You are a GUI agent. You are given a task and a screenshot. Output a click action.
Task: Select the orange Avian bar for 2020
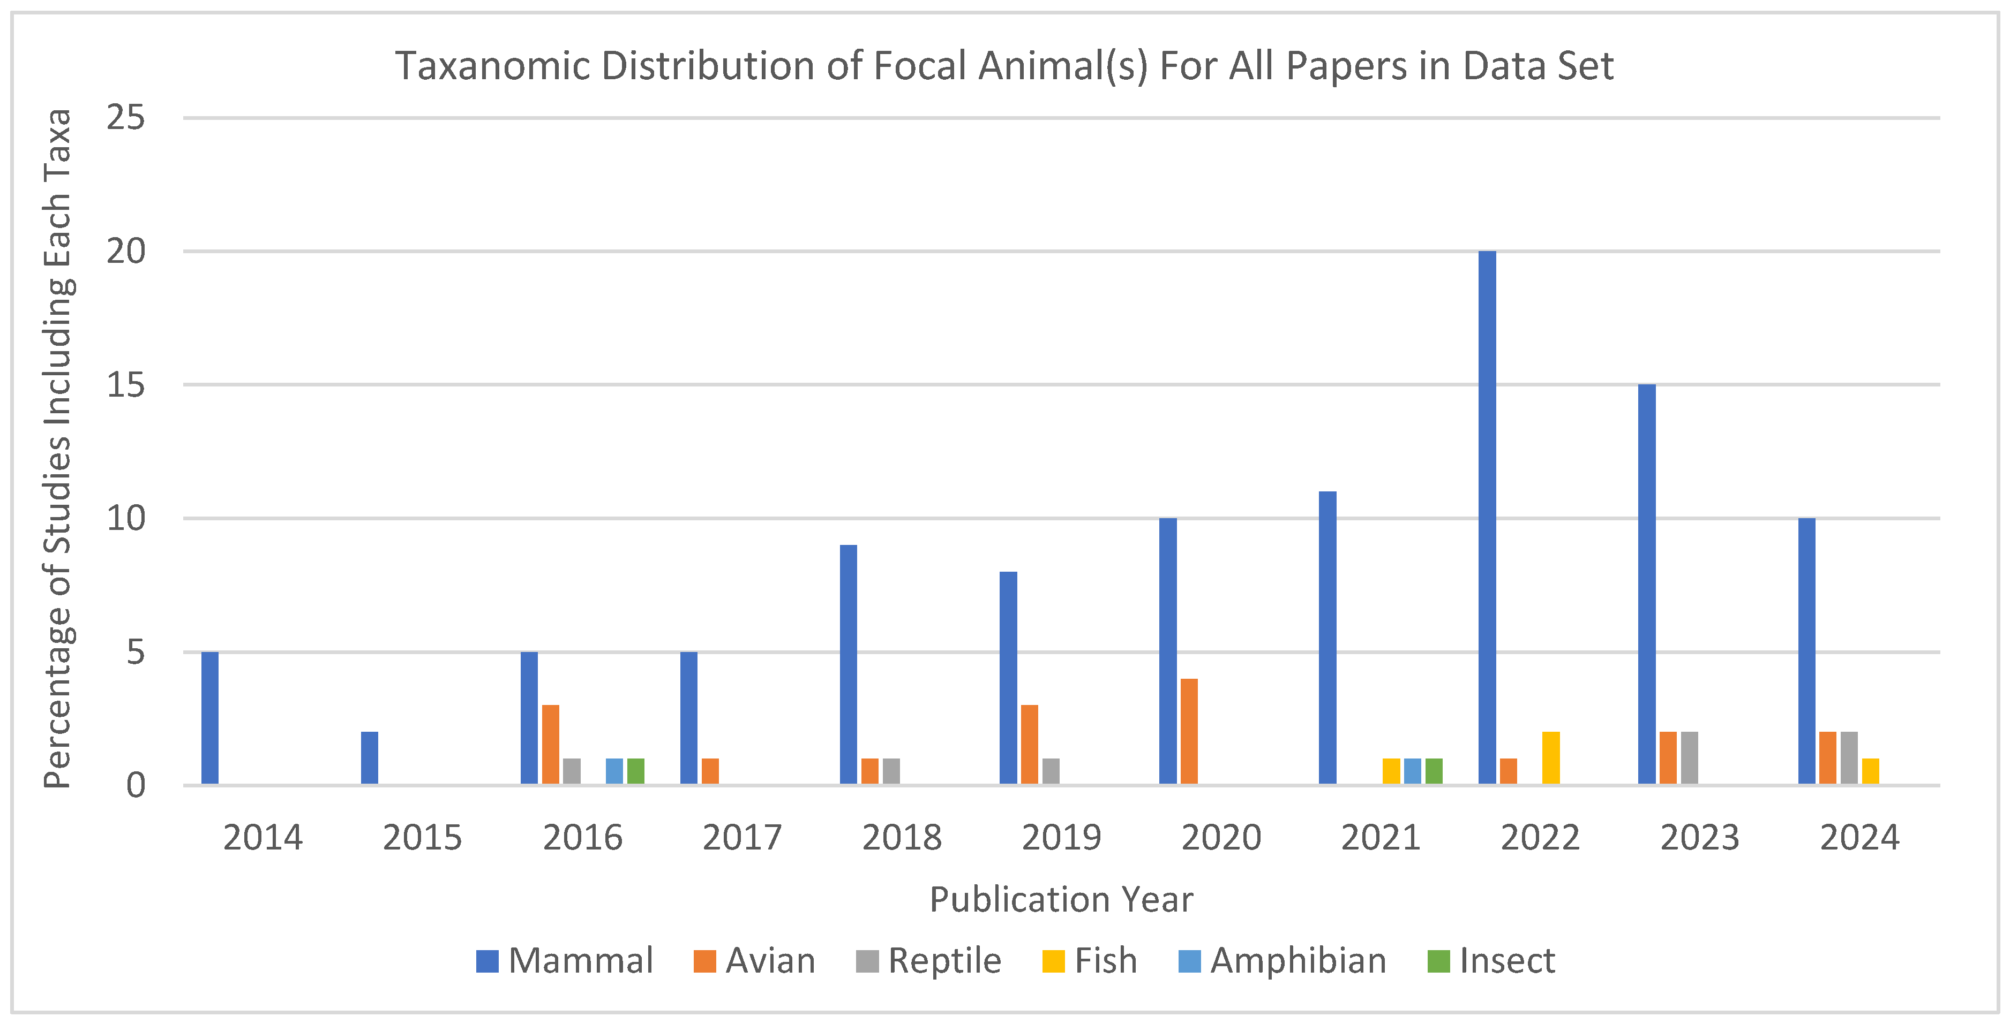coord(1189,732)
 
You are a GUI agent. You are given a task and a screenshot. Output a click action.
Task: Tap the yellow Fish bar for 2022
coord(1551,758)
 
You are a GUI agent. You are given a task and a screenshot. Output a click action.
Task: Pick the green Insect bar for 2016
coord(636,771)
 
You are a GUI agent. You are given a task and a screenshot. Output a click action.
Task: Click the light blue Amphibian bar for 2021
coord(1412,771)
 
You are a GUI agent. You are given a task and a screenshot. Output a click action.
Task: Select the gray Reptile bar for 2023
coord(1689,758)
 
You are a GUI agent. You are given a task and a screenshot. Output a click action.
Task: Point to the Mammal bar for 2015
coord(370,758)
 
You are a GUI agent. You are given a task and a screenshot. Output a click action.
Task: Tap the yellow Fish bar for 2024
coord(1870,771)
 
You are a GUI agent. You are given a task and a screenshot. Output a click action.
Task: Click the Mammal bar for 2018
coord(848,664)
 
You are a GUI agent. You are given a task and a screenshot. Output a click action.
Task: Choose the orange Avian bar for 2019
coord(1029,745)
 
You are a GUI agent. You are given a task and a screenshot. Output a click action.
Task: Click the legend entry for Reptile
coord(928,961)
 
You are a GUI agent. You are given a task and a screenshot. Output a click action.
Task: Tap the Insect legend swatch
coord(1438,961)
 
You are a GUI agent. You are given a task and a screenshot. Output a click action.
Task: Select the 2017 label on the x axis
coord(741,838)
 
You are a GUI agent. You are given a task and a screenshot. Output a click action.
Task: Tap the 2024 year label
coord(1859,838)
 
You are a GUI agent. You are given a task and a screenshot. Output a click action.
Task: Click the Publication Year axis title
coord(1061,900)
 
